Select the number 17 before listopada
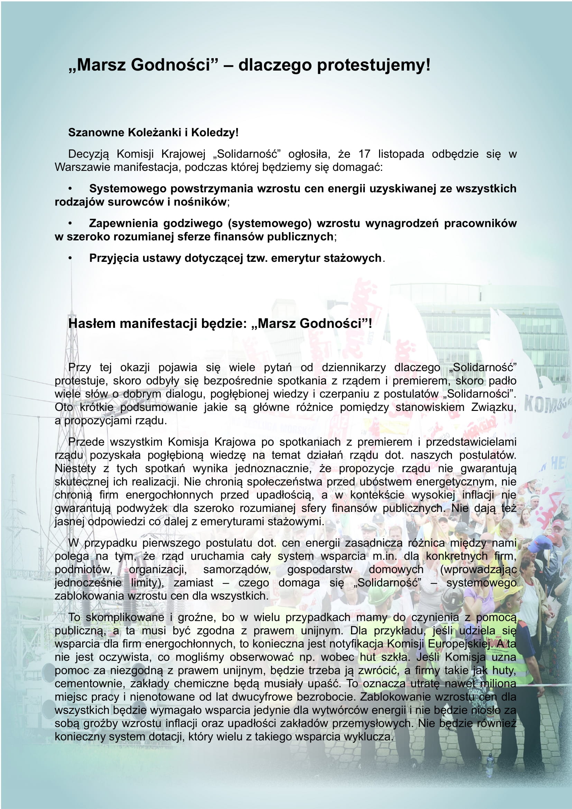[x=364, y=154]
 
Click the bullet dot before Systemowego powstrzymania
[x=70, y=189]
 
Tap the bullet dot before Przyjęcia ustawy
[x=70, y=258]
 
